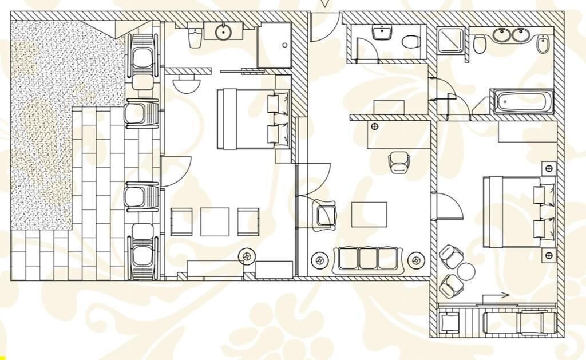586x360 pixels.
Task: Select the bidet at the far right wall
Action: pyautogui.click(x=543, y=43)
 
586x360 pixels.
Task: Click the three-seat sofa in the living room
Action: pyautogui.click(x=369, y=258)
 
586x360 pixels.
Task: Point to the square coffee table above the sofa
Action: pyautogui.click(x=369, y=215)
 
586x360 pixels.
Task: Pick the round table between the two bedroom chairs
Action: pyautogui.click(x=465, y=270)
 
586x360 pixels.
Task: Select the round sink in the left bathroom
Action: pyautogui.click(x=223, y=32)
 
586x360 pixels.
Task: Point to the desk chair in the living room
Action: pyautogui.click(x=398, y=163)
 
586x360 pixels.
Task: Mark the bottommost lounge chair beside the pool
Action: pyautogui.click(x=142, y=251)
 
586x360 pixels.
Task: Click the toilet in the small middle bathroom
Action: pyautogui.click(x=410, y=42)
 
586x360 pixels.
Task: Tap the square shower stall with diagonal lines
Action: pyautogui.click(x=453, y=40)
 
